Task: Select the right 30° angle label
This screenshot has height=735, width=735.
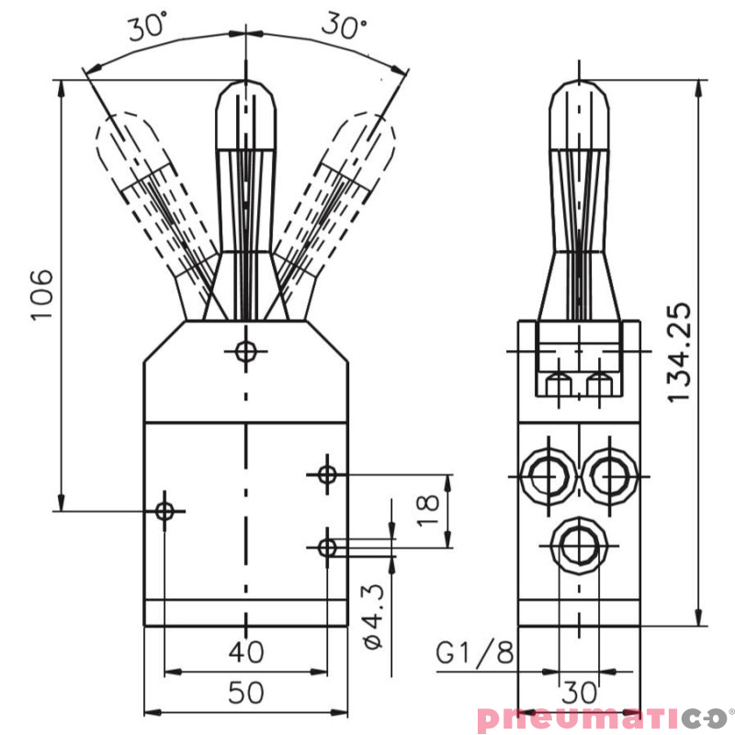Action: (343, 27)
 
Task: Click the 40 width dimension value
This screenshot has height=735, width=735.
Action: (245, 652)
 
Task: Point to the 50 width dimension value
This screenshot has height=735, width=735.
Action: (245, 693)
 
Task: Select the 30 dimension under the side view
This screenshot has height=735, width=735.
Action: (580, 692)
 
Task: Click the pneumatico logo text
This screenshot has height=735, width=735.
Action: (601, 718)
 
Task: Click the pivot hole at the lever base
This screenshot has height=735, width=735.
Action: (245, 350)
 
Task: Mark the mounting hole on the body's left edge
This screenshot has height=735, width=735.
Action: (165, 510)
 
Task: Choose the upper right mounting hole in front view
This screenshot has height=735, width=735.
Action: (327, 474)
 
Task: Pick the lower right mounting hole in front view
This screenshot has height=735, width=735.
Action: (327, 548)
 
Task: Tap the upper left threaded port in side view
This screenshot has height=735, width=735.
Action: (546, 476)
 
